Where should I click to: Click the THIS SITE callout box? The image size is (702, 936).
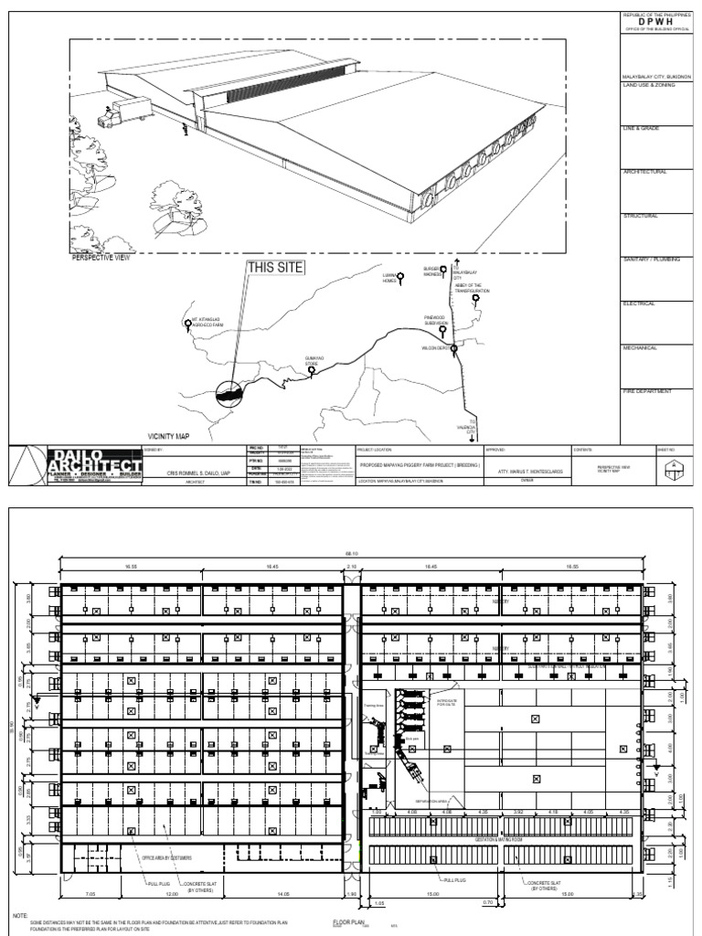pyautogui.click(x=274, y=268)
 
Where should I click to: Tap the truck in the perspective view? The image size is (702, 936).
pyautogui.click(x=122, y=114)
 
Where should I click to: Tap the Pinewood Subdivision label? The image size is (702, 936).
pyautogui.click(x=436, y=321)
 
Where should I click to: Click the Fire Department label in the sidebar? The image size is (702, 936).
pyautogui.click(x=648, y=391)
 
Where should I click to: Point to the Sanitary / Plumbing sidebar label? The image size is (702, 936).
pyautogui.click(x=652, y=260)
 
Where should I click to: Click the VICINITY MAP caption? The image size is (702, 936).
pyautogui.click(x=173, y=438)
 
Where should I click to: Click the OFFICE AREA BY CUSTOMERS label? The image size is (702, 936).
pyautogui.click(x=167, y=858)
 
